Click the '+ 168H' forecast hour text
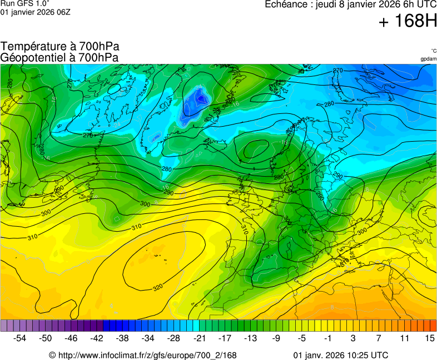click(407, 22)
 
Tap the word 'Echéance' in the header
click(284, 4)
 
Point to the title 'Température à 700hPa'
click(60, 47)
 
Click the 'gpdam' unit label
click(428, 58)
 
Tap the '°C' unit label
click(433, 51)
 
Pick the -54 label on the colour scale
click(20, 338)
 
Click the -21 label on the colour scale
click(199, 338)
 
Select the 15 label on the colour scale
click(429, 338)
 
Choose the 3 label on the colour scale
click(353, 338)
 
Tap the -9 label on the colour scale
click(276, 338)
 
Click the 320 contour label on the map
click(158, 287)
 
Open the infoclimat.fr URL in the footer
click(143, 355)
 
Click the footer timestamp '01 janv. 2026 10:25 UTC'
click(340, 355)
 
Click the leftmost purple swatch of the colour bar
click(4, 326)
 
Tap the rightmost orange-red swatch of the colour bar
click(433, 326)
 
